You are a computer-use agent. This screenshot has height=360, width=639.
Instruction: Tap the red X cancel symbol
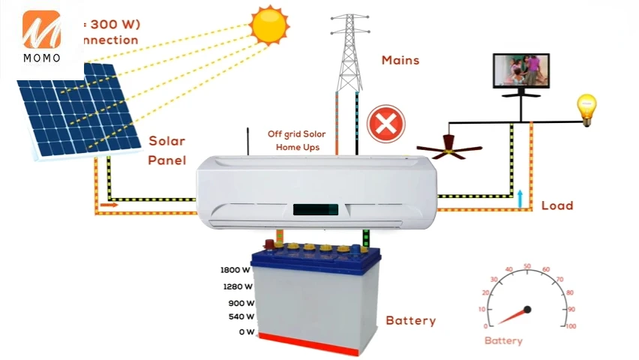pyautogui.click(x=385, y=124)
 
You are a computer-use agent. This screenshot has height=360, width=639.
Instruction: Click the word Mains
pyautogui.click(x=400, y=60)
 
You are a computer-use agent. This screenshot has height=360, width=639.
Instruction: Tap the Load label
pyautogui.click(x=556, y=205)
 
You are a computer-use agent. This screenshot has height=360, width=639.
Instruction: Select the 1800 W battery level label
pyautogui.click(x=235, y=271)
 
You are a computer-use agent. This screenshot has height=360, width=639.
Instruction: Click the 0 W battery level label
pyautogui.click(x=246, y=332)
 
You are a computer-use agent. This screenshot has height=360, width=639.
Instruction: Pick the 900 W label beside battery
pyautogui.click(x=241, y=304)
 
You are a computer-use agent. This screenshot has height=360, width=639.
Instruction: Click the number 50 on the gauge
pyautogui.click(x=527, y=266)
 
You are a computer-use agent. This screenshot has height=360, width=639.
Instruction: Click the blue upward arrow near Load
pyautogui.click(x=519, y=197)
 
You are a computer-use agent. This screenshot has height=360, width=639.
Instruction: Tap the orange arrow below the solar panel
pyautogui.click(x=109, y=203)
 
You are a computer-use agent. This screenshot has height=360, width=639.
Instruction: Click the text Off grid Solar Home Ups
pyautogui.click(x=297, y=140)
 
